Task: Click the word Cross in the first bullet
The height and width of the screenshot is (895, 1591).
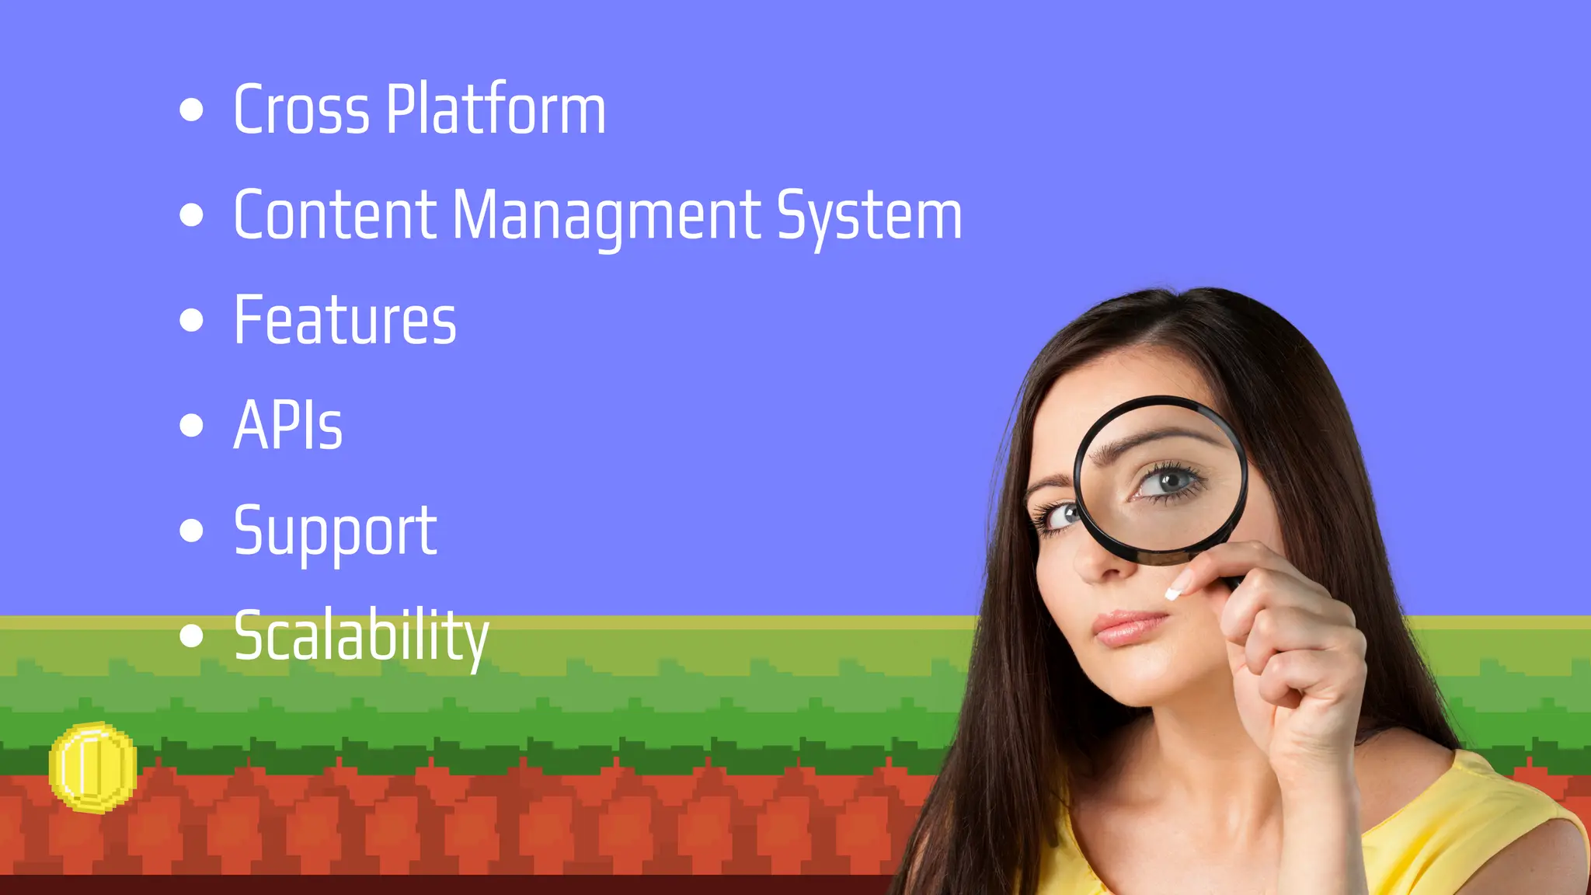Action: [301, 110]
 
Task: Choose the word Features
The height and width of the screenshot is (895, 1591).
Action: [345, 320]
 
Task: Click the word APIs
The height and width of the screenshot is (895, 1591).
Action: [287, 426]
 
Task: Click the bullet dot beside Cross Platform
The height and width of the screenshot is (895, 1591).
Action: [191, 110]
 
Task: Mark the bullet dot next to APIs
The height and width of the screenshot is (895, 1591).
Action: [191, 425]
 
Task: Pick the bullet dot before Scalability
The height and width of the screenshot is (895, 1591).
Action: [191, 636]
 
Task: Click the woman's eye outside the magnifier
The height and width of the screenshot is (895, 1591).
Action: [1062, 514]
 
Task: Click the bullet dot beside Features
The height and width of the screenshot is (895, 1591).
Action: [191, 320]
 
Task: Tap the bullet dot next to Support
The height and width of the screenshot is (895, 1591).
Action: [191, 531]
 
